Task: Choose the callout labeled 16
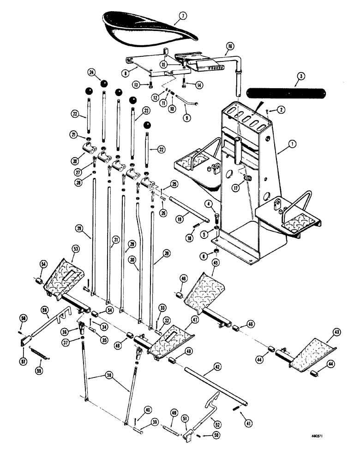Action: click(229, 46)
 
